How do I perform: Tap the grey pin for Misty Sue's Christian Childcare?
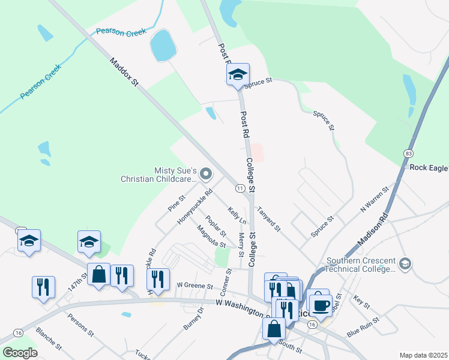tap(206, 175)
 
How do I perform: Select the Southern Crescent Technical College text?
tap(361, 265)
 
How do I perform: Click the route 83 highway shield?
tap(408, 154)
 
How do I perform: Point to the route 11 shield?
tap(240, 188)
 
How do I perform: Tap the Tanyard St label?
tap(268, 219)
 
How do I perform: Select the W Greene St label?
tap(195, 286)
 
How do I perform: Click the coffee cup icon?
tap(321, 305)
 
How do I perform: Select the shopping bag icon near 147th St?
tap(99, 275)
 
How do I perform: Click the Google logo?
tap(20, 352)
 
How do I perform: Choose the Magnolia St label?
tap(210, 236)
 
